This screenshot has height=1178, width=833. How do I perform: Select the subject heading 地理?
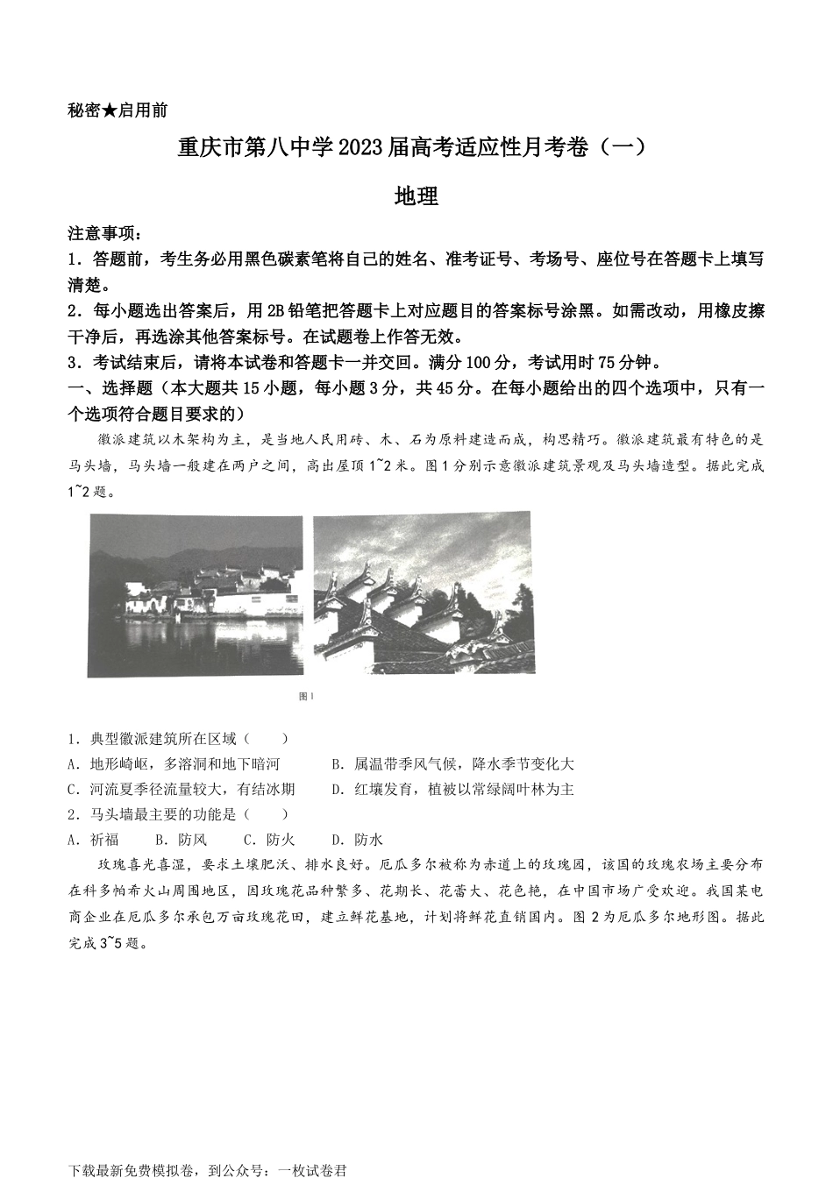[x=416, y=197]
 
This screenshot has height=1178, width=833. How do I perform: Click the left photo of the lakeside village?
[x=196, y=596]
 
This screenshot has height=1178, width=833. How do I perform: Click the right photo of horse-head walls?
[x=424, y=593]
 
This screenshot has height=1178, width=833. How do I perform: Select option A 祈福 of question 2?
[x=93, y=841]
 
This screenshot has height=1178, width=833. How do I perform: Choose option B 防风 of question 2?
[x=182, y=841]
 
